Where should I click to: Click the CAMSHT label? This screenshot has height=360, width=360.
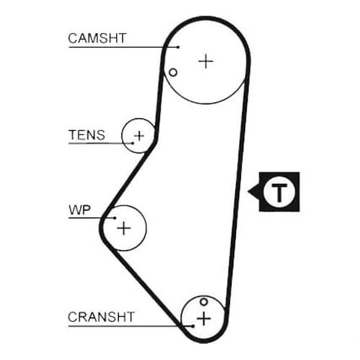[97, 38]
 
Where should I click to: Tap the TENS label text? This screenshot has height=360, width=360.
[86, 135]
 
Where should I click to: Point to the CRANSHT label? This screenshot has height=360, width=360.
[101, 316]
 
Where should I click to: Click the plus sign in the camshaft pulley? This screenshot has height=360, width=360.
[206, 61]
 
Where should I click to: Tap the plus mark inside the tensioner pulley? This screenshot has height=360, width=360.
[139, 136]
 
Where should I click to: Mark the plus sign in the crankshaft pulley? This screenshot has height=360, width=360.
[205, 317]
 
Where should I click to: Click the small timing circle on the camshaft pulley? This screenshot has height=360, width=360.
[173, 73]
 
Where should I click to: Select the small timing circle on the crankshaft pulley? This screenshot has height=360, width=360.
[204, 301]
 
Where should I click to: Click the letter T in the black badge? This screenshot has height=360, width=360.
[279, 192]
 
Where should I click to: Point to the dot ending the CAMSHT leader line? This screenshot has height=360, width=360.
[178, 46]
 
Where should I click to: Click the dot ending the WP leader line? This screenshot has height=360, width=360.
[114, 218]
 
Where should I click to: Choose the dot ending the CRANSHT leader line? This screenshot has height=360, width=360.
[193, 326]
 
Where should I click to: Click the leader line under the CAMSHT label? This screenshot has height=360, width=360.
[120, 46]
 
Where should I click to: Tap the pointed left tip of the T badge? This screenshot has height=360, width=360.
[248, 192]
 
